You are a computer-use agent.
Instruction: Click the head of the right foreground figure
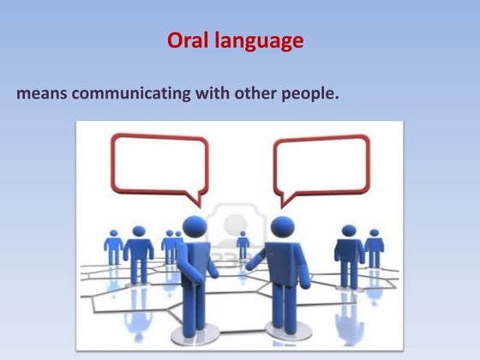tap(283, 227)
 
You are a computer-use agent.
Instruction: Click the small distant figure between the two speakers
tap(243, 244)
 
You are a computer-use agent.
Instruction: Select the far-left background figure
tap(113, 245)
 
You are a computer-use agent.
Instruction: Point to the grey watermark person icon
tap(230, 225)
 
